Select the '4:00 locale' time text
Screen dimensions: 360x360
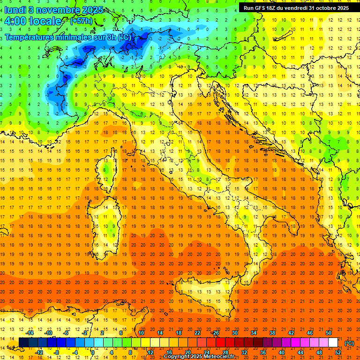click(33, 21)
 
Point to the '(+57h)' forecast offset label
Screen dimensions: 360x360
click(81, 21)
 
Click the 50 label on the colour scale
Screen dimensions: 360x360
click(328, 333)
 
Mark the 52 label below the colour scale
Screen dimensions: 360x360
click(337, 352)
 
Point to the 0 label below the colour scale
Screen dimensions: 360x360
click(93, 352)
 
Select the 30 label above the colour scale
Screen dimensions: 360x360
click(234, 333)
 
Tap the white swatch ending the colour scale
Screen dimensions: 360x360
click(333, 343)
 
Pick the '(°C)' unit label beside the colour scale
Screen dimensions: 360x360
click(349, 343)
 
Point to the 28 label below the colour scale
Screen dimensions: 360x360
click(225, 352)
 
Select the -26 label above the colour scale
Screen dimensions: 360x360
click(215, 333)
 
